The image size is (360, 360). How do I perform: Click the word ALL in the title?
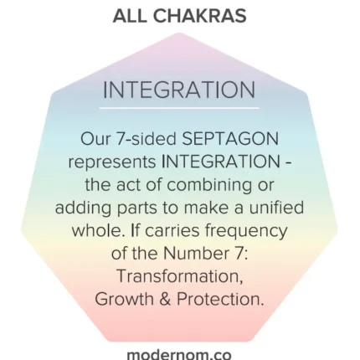pos(129,16)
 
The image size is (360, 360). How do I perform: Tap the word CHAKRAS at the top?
pos(199,16)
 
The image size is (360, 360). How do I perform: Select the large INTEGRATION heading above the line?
pos(179,90)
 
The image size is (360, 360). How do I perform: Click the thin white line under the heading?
pos(179,108)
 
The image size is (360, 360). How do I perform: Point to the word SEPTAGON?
pos(230,139)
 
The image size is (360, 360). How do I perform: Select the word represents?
pos(112,162)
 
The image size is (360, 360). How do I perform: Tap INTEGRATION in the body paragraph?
pos(221,162)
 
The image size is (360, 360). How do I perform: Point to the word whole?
pos(98,231)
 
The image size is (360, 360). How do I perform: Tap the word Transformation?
pos(180,276)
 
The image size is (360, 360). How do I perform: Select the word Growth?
pos(125,299)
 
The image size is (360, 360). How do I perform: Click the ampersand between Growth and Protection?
pos(165,299)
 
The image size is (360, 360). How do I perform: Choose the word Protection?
pos(220,299)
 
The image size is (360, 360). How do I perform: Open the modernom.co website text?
pos(179,354)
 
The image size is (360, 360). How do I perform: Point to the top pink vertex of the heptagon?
pos(179,33)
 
